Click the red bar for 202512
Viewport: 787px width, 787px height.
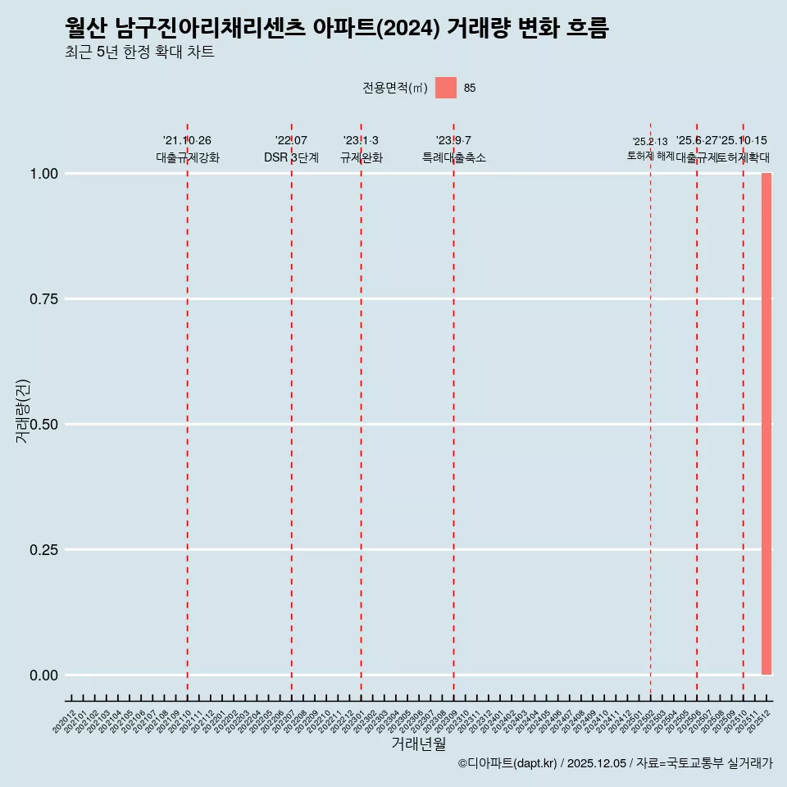tap(767, 424)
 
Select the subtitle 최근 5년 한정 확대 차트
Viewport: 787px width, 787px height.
tap(139, 52)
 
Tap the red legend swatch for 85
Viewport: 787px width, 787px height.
tap(445, 88)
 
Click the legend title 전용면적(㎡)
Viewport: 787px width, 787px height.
tap(395, 89)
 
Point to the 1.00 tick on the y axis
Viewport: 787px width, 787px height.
tap(43, 174)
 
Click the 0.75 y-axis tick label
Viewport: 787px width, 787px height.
tap(43, 299)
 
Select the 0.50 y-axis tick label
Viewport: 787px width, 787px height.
tap(43, 425)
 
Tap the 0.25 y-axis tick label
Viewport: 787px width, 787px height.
tap(43, 550)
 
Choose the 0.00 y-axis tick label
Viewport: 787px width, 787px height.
tap(43, 676)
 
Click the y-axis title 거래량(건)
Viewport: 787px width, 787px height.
tap(22, 411)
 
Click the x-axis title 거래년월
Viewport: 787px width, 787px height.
tap(418, 744)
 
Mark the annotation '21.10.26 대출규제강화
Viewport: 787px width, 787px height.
tap(188, 149)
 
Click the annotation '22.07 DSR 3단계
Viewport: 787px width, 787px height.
tap(291, 149)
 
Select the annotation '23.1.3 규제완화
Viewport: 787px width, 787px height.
tap(361, 149)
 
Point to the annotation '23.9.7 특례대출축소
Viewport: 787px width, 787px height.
tap(453, 149)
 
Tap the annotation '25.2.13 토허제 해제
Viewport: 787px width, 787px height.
tap(650, 148)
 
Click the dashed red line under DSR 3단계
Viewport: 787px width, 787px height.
tap(291, 410)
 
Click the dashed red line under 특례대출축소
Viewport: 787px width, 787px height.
tap(453, 410)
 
